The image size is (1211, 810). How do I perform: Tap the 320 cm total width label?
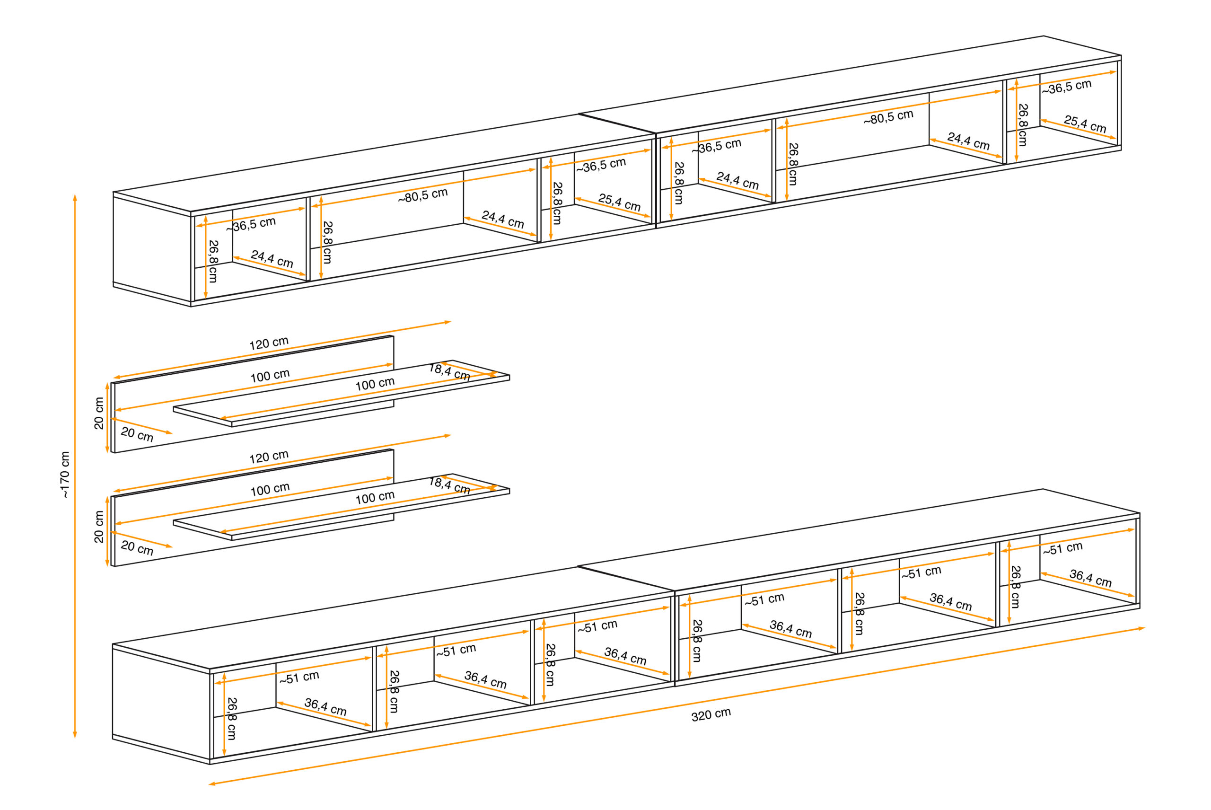click(711, 714)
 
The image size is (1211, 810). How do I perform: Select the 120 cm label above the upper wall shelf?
click(269, 343)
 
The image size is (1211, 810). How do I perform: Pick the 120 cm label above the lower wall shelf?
click(269, 457)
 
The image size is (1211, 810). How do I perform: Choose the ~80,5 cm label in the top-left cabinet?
click(422, 195)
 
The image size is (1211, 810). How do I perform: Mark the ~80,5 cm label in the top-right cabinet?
click(888, 117)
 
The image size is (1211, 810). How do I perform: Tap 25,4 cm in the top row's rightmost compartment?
click(1085, 124)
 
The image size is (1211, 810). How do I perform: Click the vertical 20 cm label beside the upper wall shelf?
click(99, 413)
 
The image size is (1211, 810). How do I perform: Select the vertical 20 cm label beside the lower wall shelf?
click(99, 527)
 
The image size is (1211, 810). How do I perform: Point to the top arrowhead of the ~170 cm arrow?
click(75, 197)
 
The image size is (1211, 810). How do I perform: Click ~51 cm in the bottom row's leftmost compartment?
click(299, 677)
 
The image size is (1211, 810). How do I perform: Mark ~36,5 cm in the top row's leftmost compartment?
click(252, 224)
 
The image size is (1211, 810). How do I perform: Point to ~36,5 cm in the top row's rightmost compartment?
click(1067, 86)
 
